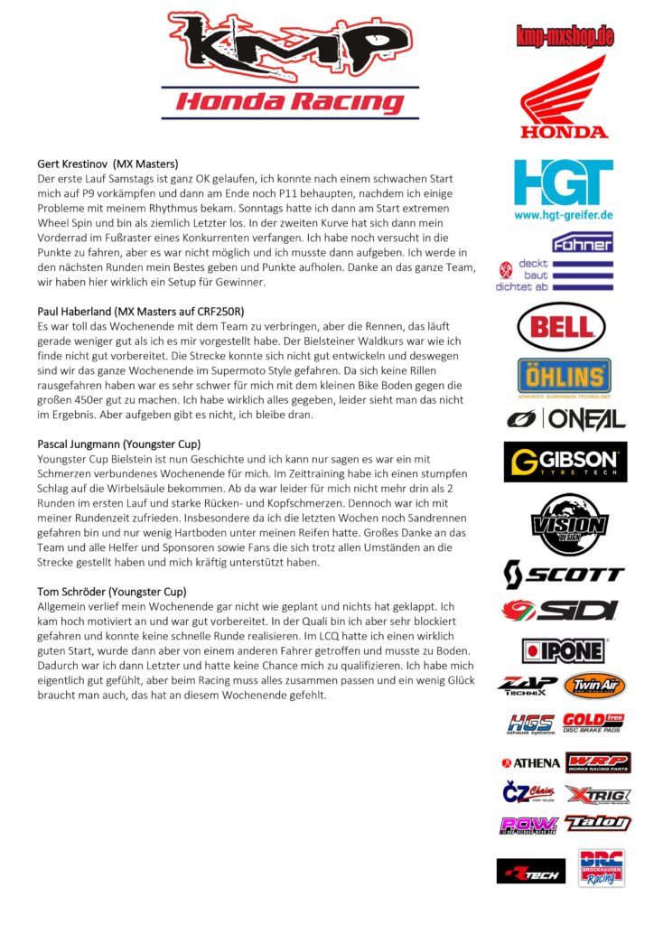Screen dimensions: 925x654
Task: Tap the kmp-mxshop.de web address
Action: (565, 36)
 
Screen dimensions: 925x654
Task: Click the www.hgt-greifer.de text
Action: (565, 216)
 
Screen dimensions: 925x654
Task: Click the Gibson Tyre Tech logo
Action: (565, 462)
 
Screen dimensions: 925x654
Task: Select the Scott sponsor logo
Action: (564, 574)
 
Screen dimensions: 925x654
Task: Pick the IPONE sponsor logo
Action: (565, 650)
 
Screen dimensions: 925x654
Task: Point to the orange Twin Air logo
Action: (594, 686)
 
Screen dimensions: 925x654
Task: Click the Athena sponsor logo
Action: (531, 763)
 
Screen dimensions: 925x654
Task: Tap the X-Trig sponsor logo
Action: (597, 795)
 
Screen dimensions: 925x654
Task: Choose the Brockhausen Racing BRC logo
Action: (601, 868)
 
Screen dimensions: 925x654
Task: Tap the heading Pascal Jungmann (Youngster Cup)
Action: (118, 444)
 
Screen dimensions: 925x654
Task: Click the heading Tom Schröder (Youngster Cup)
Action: (112, 592)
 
